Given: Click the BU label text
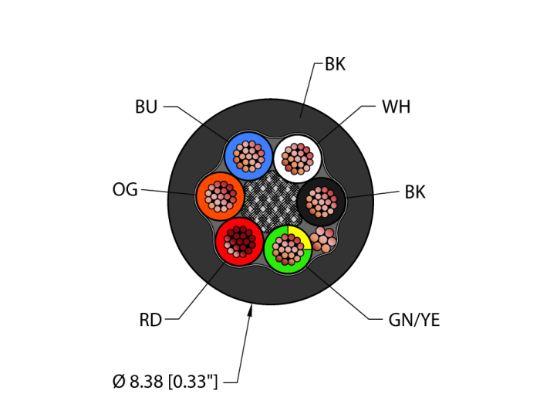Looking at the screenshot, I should (146, 107).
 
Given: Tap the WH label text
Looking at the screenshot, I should (396, 107).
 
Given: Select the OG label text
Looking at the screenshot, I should (125, 189).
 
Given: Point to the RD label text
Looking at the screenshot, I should (150, 320).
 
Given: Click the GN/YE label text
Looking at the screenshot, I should (414, 320).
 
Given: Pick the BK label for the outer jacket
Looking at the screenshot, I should (335, 65).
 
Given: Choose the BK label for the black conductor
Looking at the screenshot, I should (415, 192).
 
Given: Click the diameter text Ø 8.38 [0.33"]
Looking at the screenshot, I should (165, 382).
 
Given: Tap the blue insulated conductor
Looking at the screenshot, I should (248, 155).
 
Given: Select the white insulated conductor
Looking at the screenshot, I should (298, 158).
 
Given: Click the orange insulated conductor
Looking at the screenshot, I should (220, 196).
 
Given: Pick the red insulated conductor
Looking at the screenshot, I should (239, 242).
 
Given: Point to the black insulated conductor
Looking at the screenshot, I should (321, 202).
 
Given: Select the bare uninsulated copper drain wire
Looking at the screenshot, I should (323, 239).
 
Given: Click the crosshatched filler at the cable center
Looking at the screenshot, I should (271, 202).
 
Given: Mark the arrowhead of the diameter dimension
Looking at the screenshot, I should (250, 311).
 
